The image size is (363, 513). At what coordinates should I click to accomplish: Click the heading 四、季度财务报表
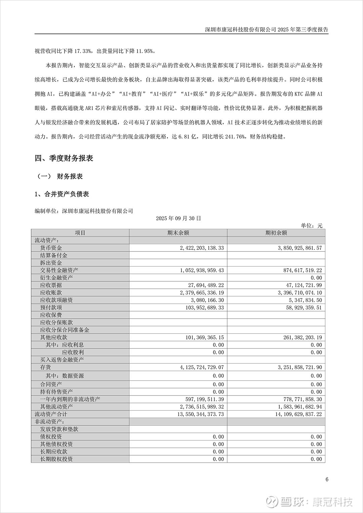64,158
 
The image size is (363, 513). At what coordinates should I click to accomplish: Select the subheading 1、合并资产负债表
62,194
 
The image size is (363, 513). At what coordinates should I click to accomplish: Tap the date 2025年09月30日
178,218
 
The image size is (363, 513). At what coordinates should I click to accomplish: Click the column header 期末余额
178,233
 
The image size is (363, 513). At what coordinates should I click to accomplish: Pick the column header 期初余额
276,233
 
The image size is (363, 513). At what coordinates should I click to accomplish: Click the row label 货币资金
51,248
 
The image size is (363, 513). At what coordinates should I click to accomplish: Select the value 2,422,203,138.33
202,248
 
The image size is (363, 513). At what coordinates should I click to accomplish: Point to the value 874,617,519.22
300,270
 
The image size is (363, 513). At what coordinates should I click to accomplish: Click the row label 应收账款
51,293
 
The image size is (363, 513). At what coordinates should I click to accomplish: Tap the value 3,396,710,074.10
300,293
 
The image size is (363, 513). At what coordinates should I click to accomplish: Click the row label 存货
46,367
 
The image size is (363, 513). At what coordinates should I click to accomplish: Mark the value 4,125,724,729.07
202,367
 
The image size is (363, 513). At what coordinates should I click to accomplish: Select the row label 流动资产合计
51,414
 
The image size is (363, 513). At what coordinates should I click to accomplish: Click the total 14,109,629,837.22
298,414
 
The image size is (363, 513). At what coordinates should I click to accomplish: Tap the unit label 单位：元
311,226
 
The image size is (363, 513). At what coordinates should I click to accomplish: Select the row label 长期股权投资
56,459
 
